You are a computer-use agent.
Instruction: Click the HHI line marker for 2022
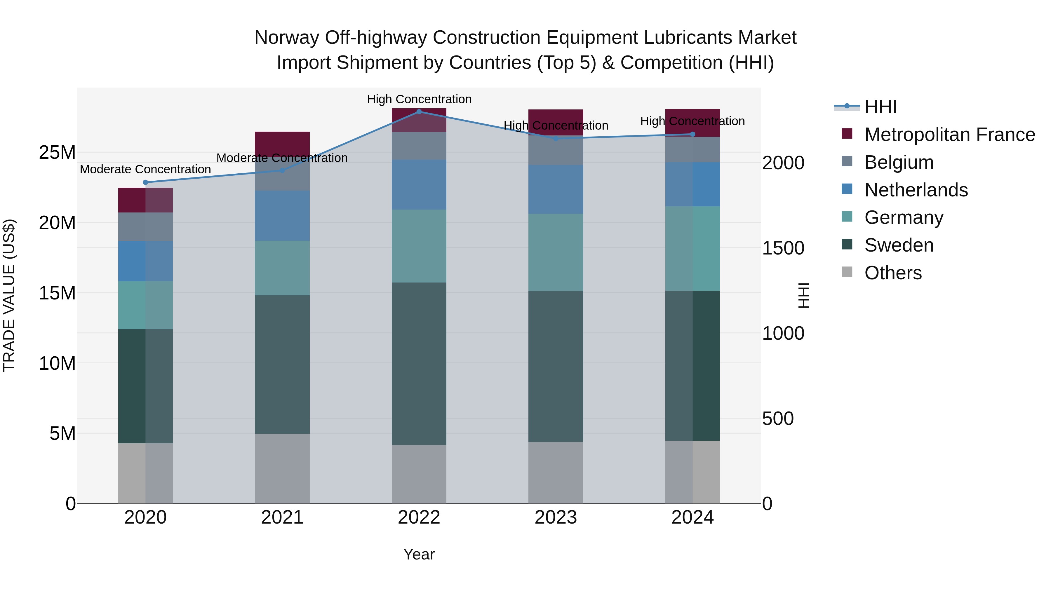click(419, 112)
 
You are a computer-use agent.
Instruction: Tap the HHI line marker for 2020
click(146, 182)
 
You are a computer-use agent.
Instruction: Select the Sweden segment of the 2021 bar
click(282, 364)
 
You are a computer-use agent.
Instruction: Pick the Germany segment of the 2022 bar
click(419, 246)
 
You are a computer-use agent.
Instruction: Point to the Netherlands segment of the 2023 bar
click(556, 189)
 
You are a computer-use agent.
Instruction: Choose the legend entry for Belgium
click(899, 162)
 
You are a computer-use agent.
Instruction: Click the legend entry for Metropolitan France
click(949, 135)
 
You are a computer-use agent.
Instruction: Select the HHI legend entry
click(881, 107)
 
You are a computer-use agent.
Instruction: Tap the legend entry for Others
click(893, 273)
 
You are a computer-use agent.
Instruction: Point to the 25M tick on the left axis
click(58, 153)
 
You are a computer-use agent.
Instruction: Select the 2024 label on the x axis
click(692, 517)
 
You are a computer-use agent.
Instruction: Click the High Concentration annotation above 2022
click(419, 99)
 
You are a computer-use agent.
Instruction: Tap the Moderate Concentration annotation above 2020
click(145, 169)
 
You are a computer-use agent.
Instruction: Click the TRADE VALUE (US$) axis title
click(9, 295)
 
